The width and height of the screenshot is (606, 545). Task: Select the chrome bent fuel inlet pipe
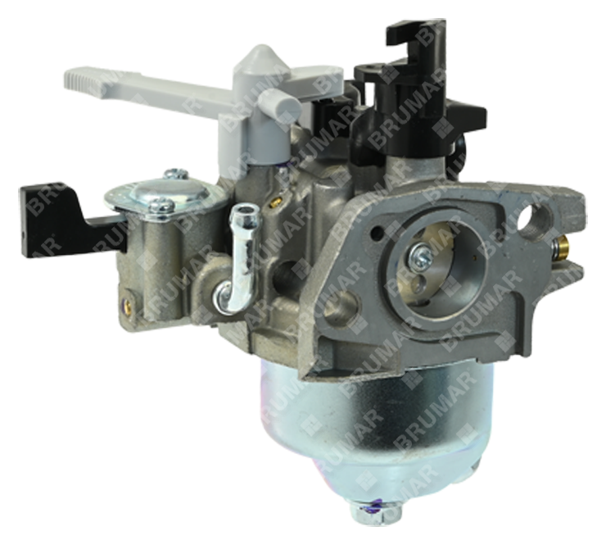[237, 259]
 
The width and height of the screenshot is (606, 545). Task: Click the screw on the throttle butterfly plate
[420, 254]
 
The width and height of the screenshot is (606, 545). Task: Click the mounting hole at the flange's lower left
[340, 301]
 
